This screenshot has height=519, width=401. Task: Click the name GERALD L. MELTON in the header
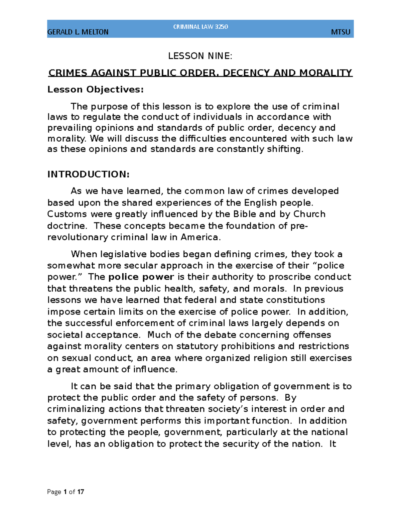(x=78, y=32)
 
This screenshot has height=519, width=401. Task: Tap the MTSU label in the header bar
(x=341, y=32)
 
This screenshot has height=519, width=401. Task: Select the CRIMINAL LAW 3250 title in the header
(x=200, y=27)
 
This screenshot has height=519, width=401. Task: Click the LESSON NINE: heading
(x=200, y=56)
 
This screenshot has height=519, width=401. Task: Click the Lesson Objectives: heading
(x=96, y=90)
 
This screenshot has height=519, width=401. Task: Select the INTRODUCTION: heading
(x=88, y=174)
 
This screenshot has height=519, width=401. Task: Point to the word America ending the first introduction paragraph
(x=199, y=237)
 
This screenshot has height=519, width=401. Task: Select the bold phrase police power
(x=141, y=277)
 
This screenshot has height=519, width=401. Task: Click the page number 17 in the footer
(x=81, y=492)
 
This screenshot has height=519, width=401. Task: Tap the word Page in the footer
(x=54, y=492)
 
